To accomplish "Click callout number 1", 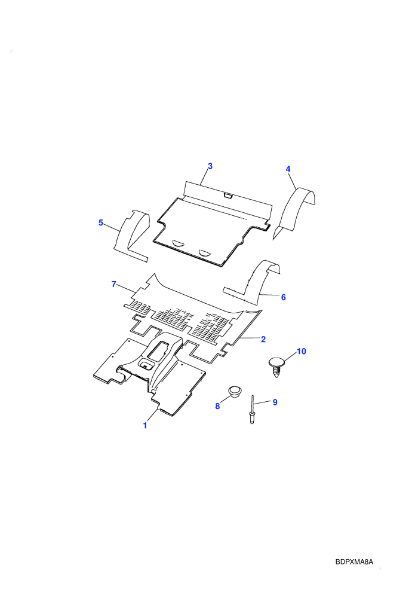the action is coord(145,425).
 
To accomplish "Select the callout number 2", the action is coord(263,339).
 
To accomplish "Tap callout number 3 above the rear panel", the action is coord(210,166).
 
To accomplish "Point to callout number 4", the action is coord(288,169).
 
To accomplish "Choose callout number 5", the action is coord(101,223).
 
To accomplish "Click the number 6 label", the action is coord(284,298).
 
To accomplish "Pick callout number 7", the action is coord(114,284).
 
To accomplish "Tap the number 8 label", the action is coord(217,406).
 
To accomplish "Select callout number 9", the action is coord(275,402).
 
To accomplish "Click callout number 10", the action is coord(302,352).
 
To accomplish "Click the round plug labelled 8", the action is coord(235,392).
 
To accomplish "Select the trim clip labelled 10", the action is coord(276,366).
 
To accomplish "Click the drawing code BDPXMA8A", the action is coord(354,562).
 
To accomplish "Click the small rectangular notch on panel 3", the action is coord(228,196).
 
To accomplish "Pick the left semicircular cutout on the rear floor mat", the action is coord(179,243).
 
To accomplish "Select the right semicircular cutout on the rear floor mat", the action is coord(206,252).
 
